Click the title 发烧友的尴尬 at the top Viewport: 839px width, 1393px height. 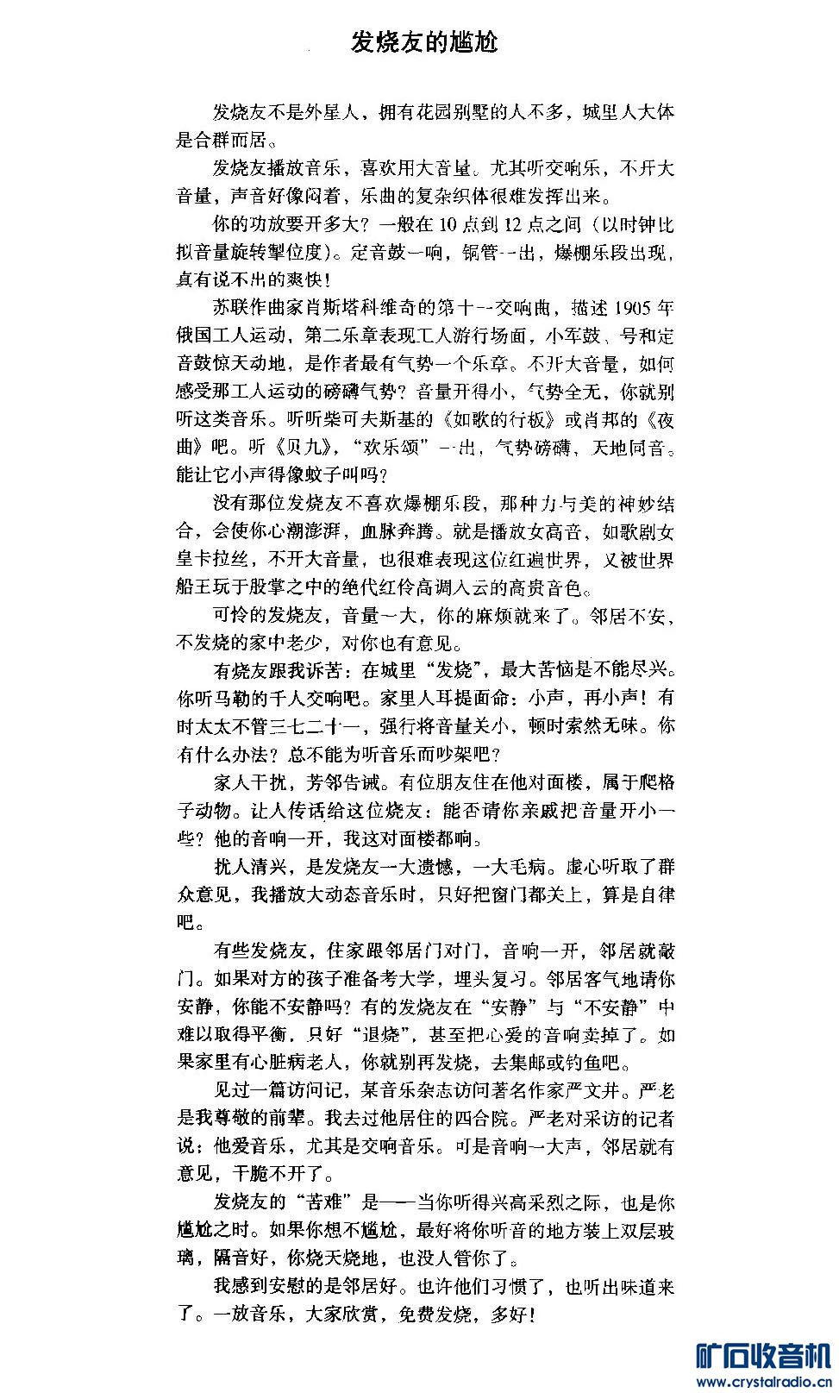(x=424, y=42)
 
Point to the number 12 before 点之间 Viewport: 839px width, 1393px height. (x=515, y=225)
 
